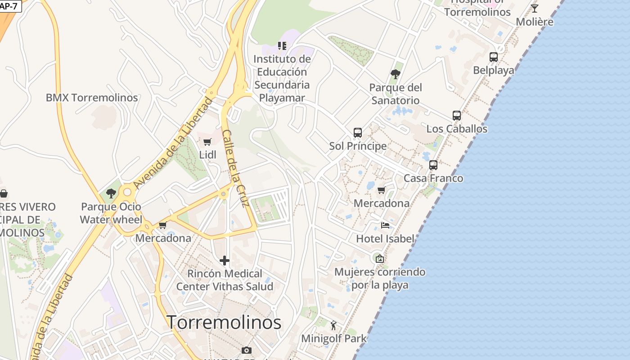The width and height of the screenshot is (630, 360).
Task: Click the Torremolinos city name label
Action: click(x=224, y=322)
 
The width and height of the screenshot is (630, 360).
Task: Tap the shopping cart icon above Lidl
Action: click(x=207, y=142)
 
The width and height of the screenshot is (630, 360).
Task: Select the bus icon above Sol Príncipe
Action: click(x=358, y=133)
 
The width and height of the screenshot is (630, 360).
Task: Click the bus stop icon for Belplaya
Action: click(x=494, y=57)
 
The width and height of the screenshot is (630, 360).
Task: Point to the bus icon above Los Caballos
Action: click(x=457, y=116)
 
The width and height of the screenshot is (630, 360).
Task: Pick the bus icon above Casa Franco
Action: click(x=433, y=165)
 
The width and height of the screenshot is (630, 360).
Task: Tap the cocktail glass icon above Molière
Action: click(x=535, y=9)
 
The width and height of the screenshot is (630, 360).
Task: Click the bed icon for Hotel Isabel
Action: click(x=385, y=225)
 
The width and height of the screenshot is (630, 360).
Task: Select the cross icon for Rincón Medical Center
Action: click(x=225, y=261)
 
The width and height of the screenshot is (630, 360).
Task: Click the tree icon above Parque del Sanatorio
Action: click(x=396, y=74)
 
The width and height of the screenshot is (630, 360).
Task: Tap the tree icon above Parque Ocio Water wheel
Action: click(x=111, y=194)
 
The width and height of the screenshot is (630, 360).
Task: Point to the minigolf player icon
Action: click(x=333, y=325)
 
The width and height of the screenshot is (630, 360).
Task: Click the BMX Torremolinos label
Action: click(x=92, y=98)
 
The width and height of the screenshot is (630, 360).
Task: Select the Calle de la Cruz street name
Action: click(x=236, y=169)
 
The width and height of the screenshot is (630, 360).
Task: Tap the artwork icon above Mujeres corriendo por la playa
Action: click(x=379, y=259)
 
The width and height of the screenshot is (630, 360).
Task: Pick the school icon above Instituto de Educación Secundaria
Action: click(x=282, y=45)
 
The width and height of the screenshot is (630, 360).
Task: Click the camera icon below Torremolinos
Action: click(x=247, y=350)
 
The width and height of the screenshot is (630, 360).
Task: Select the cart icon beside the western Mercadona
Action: click(x=163, y=225)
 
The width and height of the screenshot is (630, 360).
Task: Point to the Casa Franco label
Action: click(x=433, y=178)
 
